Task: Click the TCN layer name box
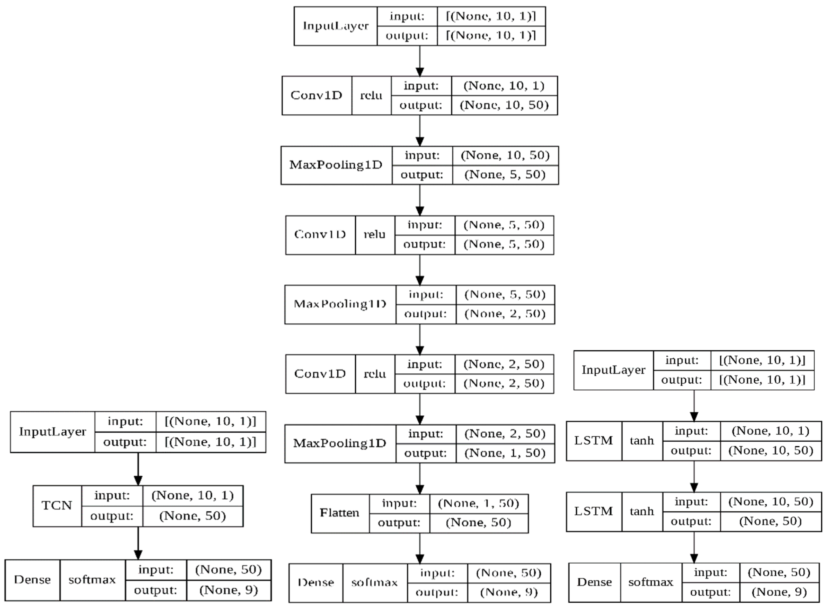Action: click(x=57, y=506)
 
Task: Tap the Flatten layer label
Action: click(x=339, y=513)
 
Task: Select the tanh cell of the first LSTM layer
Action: click(x=642, y=441)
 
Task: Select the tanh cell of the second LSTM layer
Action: click(x=642, y=511)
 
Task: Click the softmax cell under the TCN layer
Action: click(x=92, y=580)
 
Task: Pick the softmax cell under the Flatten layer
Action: click(x=374, y=583)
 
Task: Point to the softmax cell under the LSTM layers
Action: click(x=650, y=582)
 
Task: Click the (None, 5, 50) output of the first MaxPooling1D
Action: click(x=505, y=174)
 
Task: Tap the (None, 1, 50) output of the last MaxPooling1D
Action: click(x=505, y=453)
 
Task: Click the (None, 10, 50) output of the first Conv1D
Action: click(x=504, y=105)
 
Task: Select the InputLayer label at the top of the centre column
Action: click(x=335, y=26)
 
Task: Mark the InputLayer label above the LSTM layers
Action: click(x=613, y=370)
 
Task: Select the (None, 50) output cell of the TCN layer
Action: click(x=192, y=516)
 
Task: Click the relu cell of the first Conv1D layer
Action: click(x=371, y=96)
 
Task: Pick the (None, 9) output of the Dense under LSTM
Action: click(x=779, y=592)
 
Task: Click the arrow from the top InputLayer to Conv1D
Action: click(x=420, y=61)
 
